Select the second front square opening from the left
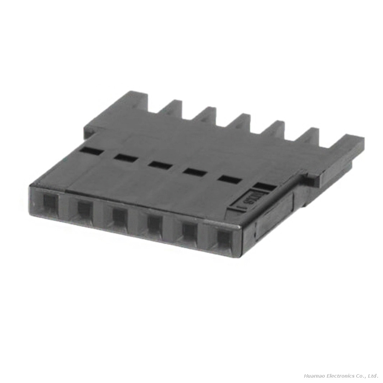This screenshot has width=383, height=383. pos(83,209)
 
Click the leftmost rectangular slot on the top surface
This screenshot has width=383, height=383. pos(92,151)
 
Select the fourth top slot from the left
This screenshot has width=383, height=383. pos(195,172)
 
